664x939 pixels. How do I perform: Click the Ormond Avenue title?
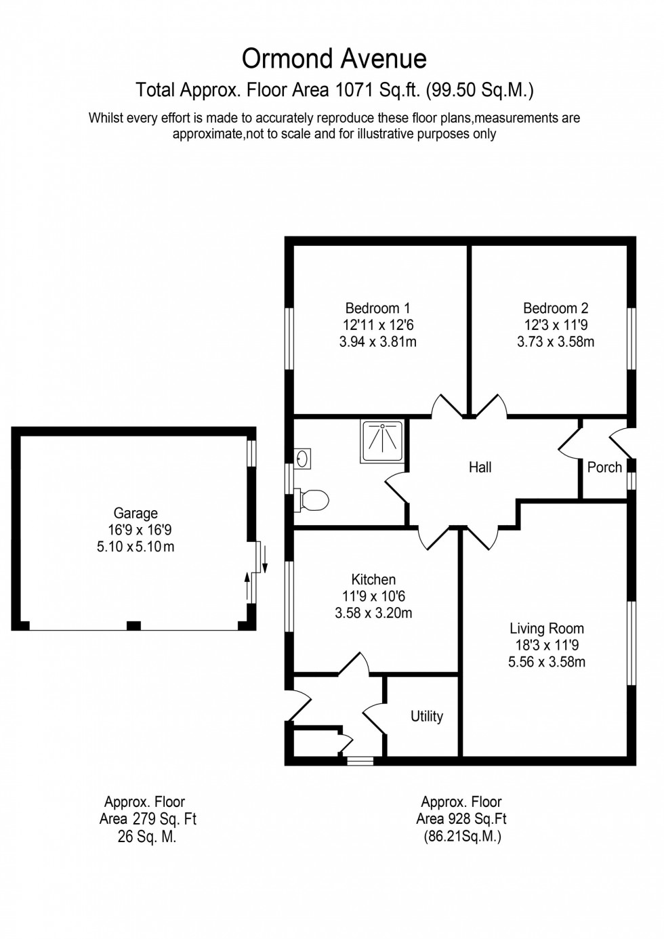(x=334, y=59)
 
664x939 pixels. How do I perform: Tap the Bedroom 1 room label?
(x=377, y=308)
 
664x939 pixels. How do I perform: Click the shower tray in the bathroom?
(x=383, y=442)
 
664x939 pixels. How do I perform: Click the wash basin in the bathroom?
(x=303, y=459)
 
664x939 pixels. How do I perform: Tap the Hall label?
(x=480, y=467)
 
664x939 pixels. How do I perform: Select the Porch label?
(x=604, y=467)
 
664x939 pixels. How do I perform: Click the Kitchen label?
(x=373, y=580)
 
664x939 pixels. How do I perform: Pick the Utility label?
(x=427, y=717)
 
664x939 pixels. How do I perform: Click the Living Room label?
(x=547, y=629)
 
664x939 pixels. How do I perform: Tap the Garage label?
(x=136, y=514)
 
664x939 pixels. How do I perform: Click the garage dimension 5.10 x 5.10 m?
(x=136, y=547)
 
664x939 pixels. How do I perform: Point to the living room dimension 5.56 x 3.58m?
(x=547, y=662)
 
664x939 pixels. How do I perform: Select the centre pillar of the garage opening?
(x=134, y=625)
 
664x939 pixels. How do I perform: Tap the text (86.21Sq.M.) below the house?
(x=463, y=837)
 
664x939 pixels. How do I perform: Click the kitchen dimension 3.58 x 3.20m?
(x=373, y=613)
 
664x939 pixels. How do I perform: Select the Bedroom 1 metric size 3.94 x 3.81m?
(x=377, y=342)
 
